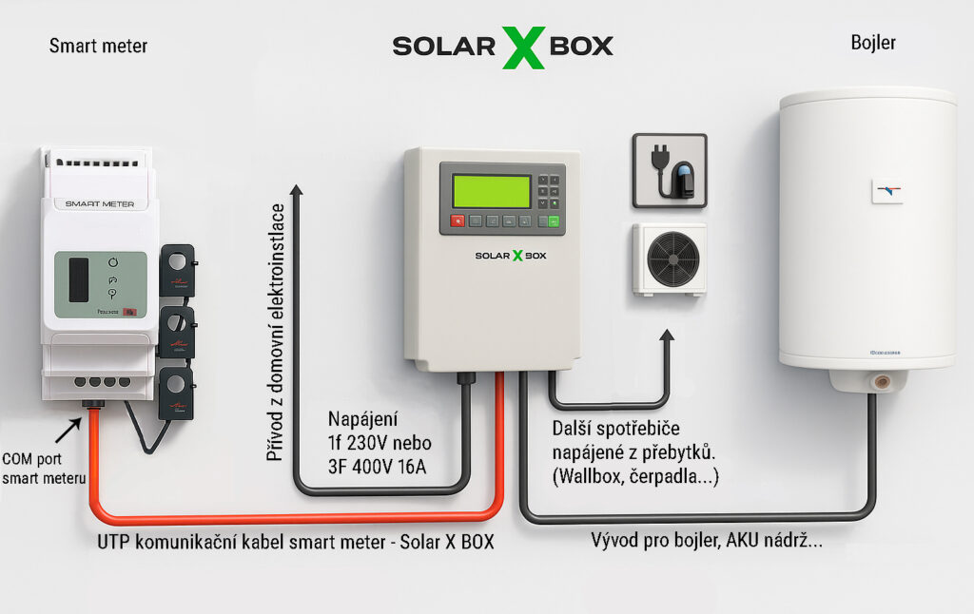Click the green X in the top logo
coord(524,46)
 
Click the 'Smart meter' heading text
coord(98,46)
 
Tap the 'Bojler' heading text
coord(872,44)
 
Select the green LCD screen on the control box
coord(491,191)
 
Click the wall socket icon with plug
coord(670,171)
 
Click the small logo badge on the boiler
coord(886,191)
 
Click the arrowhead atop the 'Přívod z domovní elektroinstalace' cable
coord(297,191)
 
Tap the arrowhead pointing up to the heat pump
coord(670,337)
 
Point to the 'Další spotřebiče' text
coord(615,429)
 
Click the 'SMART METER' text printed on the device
coord(99,203)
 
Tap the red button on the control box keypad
coord(458,221)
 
